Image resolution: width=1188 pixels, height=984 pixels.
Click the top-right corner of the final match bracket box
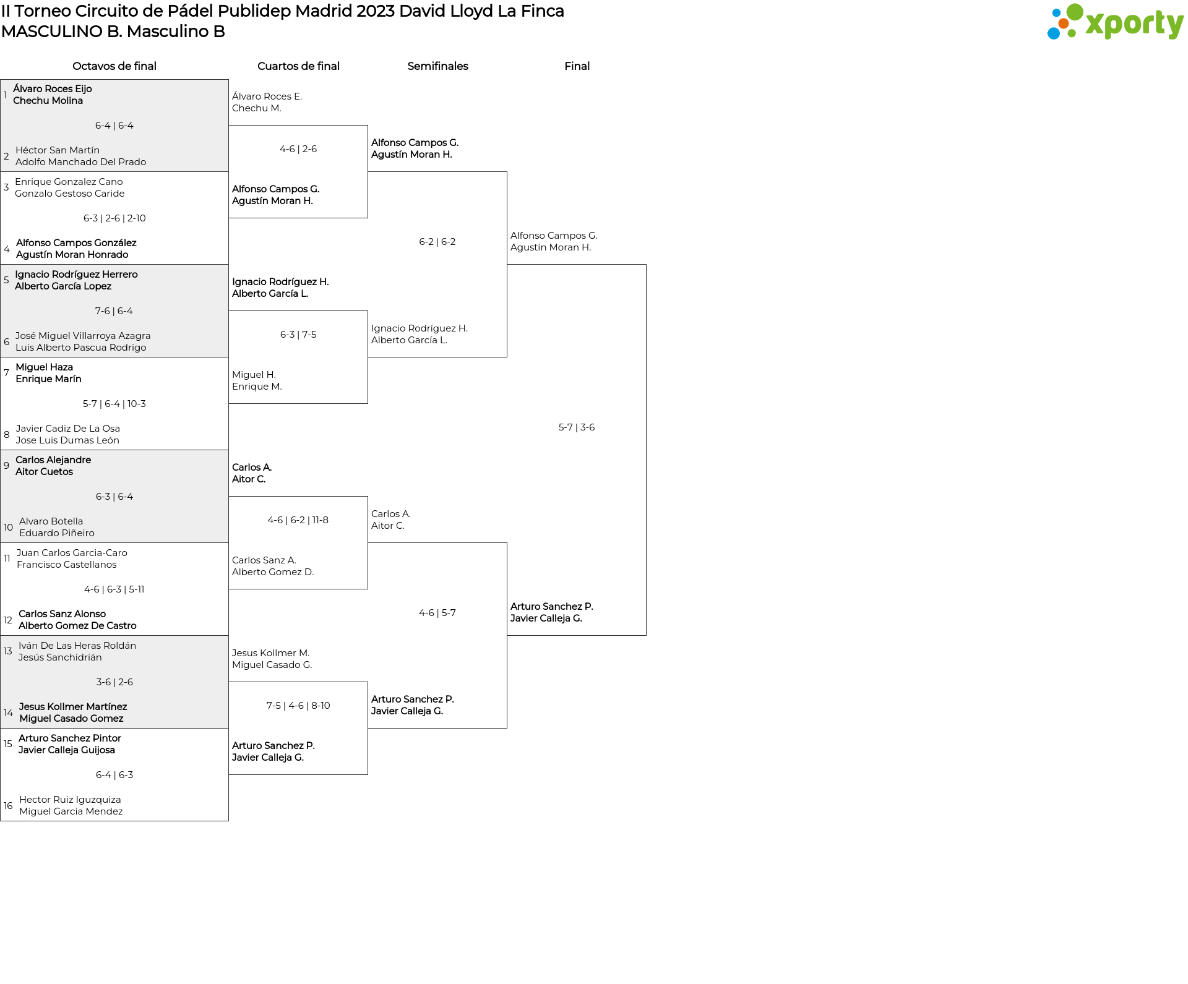click(646, 265)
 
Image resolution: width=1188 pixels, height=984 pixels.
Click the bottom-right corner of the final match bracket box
click(646, 635)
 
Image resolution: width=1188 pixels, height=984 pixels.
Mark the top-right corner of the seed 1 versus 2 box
click(228, 79)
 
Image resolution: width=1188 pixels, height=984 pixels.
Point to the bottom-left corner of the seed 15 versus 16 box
click(1, 821)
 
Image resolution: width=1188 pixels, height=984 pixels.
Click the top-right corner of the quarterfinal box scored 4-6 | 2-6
click(368, 126)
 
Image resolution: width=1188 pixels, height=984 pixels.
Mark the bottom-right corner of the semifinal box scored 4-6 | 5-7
click(507, 728)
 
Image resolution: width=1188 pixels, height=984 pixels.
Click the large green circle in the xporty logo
click(1075, 12)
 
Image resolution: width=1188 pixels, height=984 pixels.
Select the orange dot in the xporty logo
click(1063, 24)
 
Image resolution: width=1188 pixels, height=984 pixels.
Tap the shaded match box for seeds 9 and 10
click(114, 496)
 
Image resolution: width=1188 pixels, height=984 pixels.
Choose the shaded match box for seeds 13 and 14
click(114, 682)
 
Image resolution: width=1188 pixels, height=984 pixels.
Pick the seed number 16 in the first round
click(8, 805)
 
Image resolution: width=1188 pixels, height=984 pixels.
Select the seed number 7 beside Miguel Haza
click(6, 372)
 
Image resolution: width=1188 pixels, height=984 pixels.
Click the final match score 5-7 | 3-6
click(577, 427)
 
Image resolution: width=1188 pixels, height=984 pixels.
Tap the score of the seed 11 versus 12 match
click(114, 589)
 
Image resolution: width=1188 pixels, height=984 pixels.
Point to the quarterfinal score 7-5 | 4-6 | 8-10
click(298, 705)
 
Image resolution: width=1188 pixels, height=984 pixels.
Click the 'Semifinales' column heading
click(437, 66)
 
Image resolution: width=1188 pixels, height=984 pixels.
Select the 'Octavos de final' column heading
click(114, 66)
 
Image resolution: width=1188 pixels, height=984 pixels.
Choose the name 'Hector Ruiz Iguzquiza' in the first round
click(70, 799)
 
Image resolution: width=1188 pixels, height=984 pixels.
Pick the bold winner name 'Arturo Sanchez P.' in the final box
click(552, 606)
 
